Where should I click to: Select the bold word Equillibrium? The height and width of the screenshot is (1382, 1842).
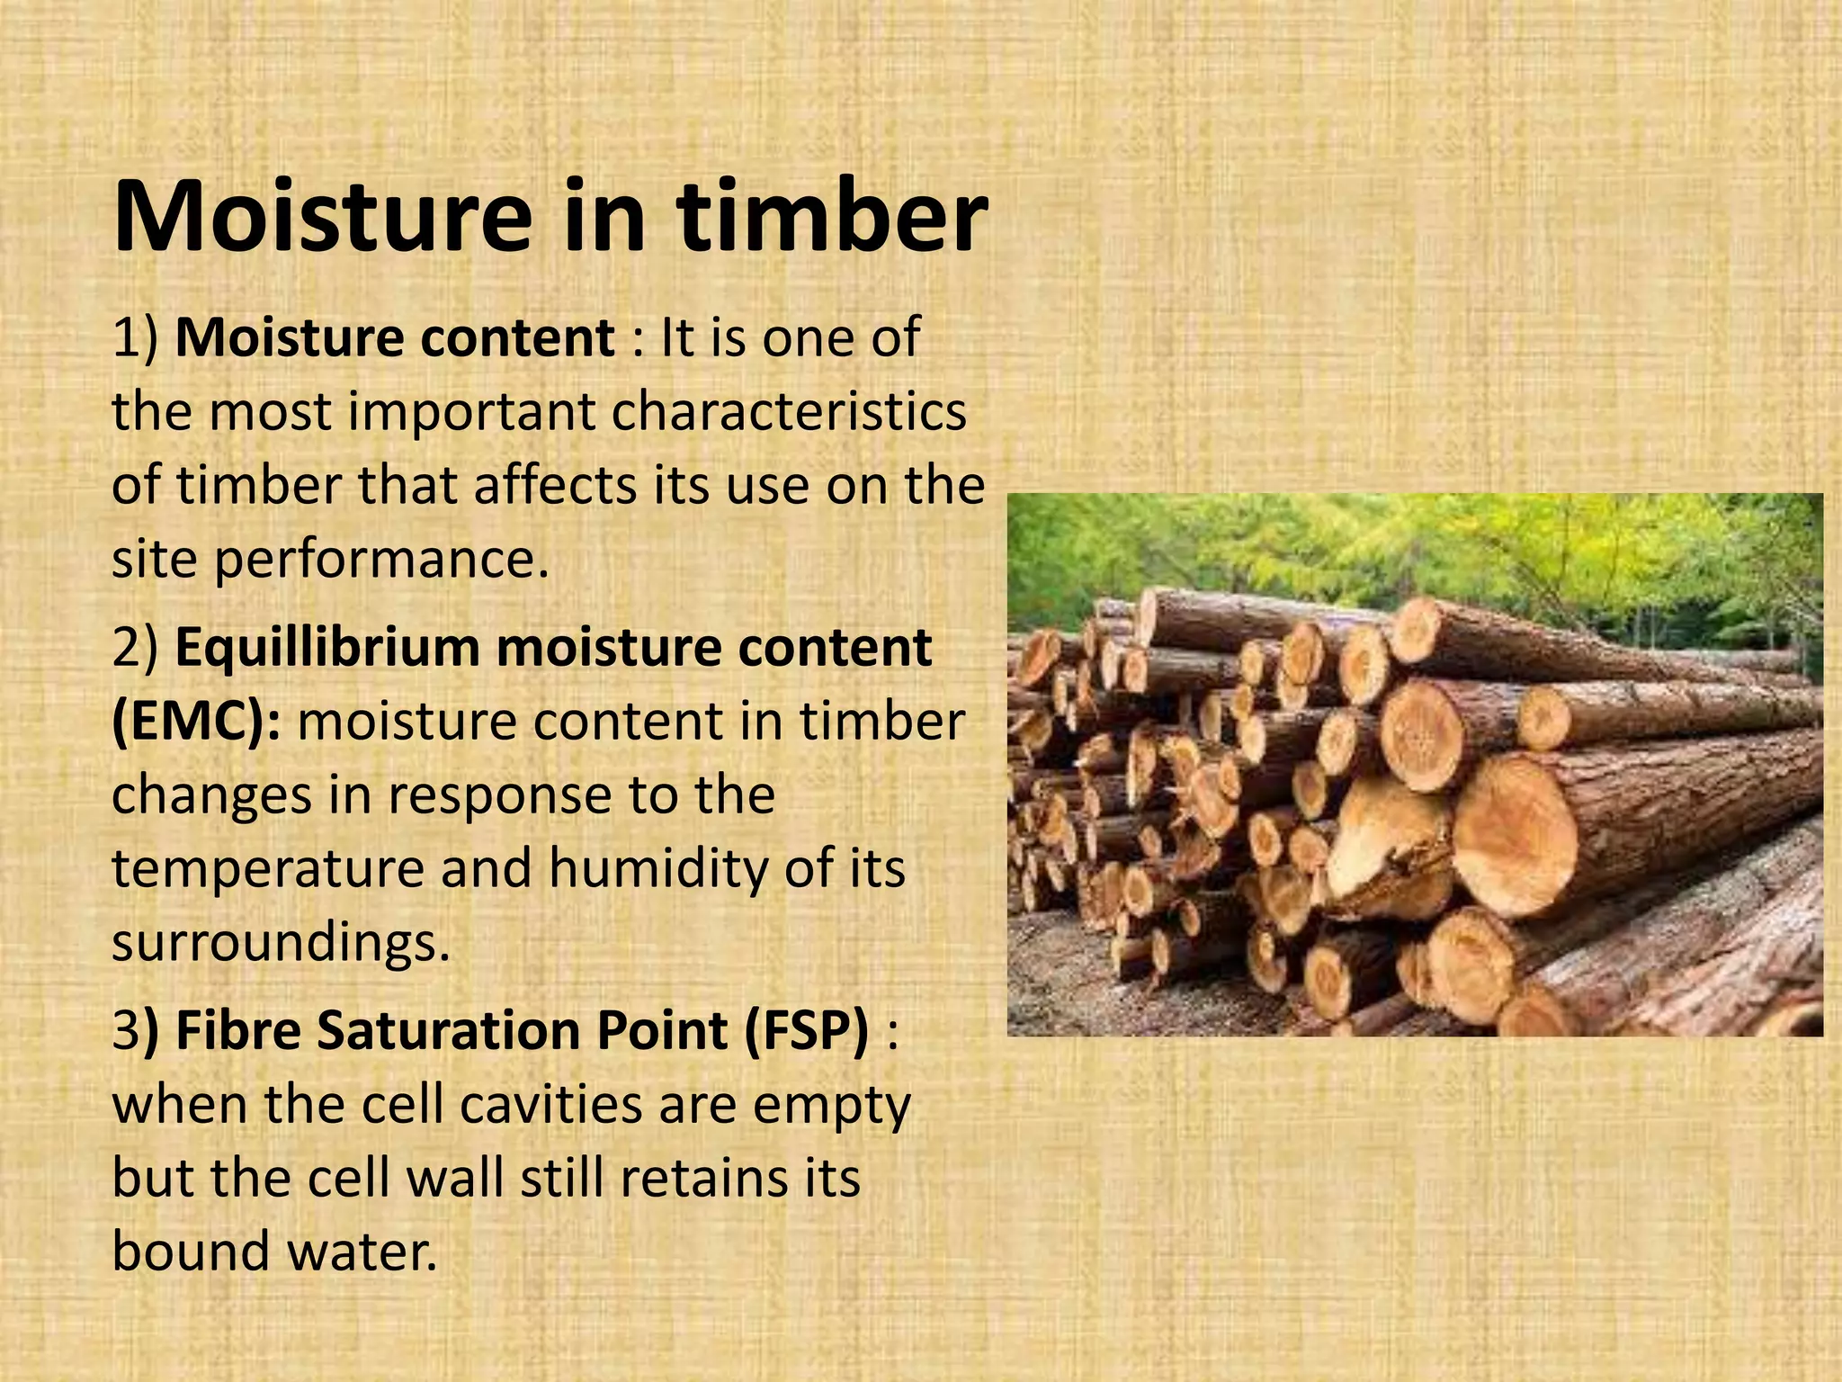[327, 648]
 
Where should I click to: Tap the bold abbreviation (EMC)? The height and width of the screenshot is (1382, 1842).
[196, 722]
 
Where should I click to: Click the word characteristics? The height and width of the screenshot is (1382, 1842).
[789, 412]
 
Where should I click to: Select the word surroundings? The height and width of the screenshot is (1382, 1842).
[280, 943]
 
